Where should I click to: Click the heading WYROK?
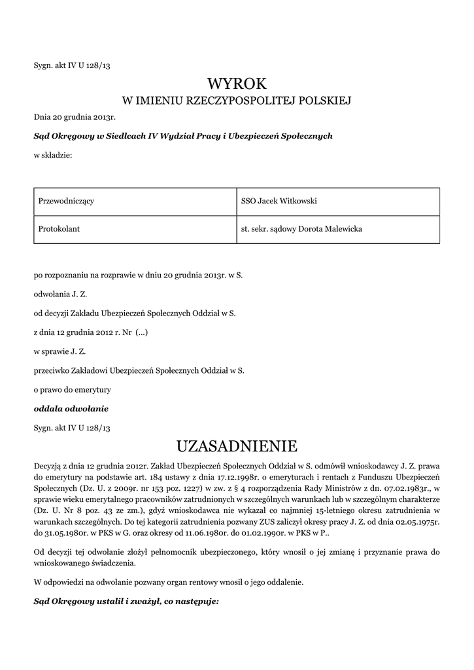click(x=237, y=83)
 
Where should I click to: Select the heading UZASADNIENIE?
click(x=237, y=446)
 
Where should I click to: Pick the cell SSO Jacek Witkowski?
click(x=279, y=201)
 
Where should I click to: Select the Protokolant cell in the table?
click(x=59, y=229)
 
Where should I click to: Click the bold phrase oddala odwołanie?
click(x=71, y=408)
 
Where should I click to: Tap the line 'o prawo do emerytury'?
click(x=72, y=389)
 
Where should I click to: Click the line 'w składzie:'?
click(x=53, y=155)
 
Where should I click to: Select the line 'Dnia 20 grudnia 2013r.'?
click(x=75, y=117)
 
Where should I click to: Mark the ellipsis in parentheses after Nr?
click(x=142, y=332)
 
